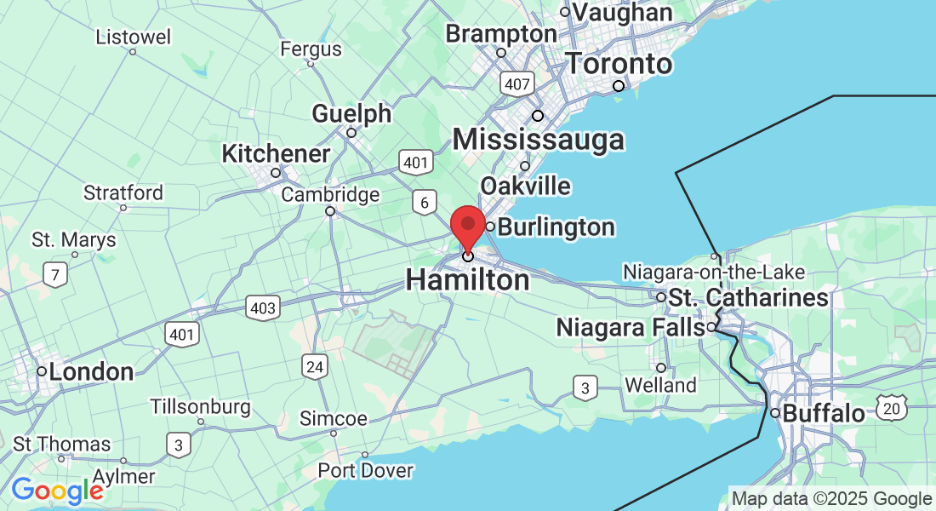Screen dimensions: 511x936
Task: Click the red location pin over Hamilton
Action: [467, 226]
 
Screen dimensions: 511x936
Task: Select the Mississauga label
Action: [538, 140]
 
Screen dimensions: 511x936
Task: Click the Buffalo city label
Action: [823, 414]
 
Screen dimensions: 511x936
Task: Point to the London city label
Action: [91, 371]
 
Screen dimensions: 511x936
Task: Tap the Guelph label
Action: [351, 113]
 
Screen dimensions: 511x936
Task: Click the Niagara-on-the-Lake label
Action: [714, 273]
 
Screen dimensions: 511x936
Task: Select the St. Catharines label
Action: [748, 297]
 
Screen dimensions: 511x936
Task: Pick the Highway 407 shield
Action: [517, 83]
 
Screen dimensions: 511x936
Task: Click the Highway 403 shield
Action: [263, 307]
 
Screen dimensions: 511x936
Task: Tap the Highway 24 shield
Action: [315, 367]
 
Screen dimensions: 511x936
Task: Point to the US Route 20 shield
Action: [891, 409]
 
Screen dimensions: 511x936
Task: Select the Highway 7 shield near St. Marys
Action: [55, 275]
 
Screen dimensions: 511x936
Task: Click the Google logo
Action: [57, 491]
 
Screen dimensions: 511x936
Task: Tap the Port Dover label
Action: [365, 470]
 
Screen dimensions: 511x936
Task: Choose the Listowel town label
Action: [133, 37]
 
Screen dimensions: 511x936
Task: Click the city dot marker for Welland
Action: [660, 368]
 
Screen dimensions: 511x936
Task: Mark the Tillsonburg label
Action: [201, 406]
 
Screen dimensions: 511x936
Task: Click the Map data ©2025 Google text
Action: [831, 499]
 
